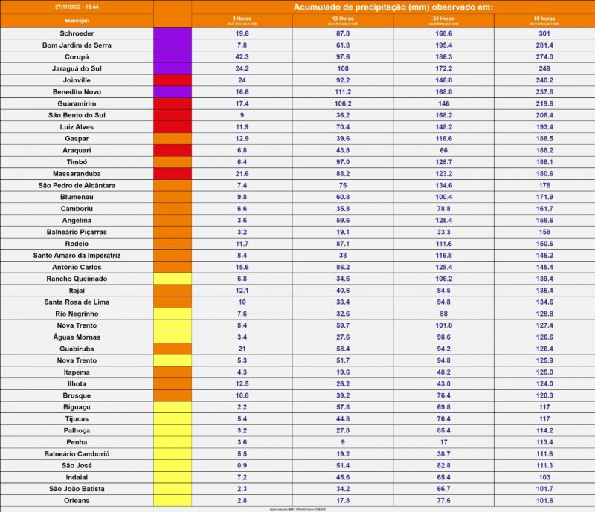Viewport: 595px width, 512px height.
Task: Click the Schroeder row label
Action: click(77, 33)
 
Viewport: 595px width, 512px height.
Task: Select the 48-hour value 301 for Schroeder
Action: click(544, 33)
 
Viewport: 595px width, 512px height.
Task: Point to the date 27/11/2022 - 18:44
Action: click(77, 6)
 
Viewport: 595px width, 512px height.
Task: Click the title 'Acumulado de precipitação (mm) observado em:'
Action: click(393, 7)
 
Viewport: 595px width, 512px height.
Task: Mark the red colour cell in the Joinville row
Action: click(173, 80)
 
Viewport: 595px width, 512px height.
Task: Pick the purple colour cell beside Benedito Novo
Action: click(173, 91)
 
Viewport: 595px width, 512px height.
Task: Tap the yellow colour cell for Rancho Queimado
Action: click(173, 279)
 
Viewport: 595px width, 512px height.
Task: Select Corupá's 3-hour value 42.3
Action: click(242, 57)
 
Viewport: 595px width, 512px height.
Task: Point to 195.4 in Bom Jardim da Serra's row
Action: click(443, 45)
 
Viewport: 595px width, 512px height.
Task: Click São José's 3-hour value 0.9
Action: click(242, 465)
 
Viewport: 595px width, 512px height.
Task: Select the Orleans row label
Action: click(77, 500)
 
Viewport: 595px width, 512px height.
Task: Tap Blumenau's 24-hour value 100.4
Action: click(443, 197)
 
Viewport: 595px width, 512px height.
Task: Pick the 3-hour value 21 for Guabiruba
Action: click(242, 349)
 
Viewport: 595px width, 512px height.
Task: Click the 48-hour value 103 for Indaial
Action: click(544, 477)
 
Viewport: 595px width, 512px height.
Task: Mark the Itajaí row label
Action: click(77, 290)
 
